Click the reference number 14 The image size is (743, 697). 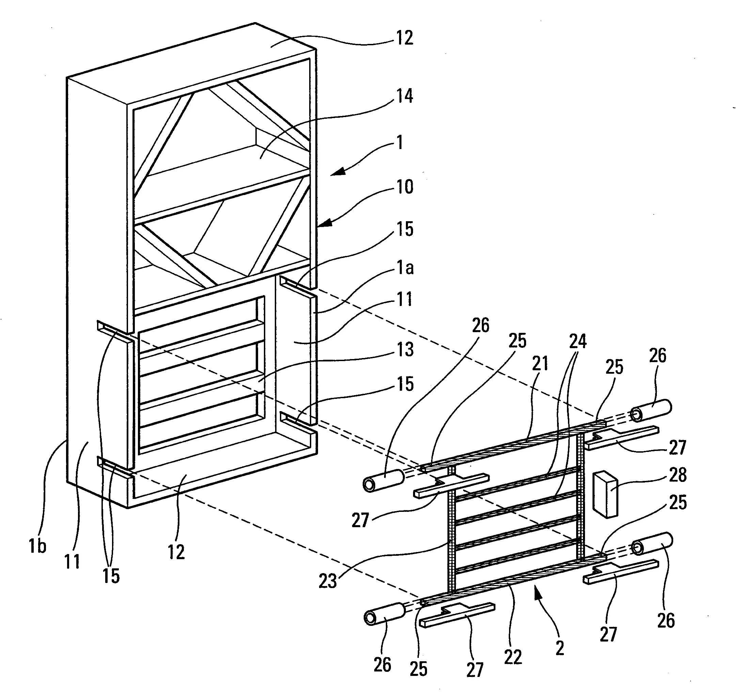[x=405, y=96]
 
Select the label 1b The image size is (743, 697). [x=37, y=547]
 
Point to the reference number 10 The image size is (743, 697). [x=405, y=187]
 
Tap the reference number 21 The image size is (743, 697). [x=540, y=363]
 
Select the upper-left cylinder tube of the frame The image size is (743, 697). [x=383, y=481]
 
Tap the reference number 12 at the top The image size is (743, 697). [x=405, y=38]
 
